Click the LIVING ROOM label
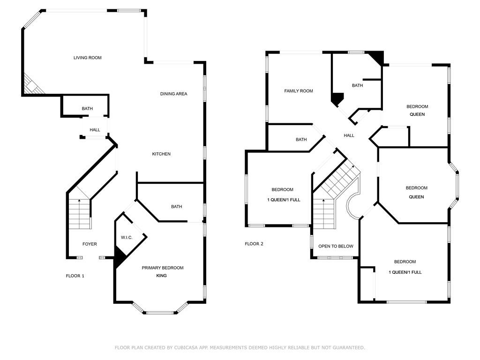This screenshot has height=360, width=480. click(87, 58)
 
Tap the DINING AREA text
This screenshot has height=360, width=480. click(173, 94)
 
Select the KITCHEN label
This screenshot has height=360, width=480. click(161, 154)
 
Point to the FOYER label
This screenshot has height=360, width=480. click(90, 244)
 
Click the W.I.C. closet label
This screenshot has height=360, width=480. click(127, 238)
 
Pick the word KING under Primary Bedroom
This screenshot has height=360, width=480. click(161, 276)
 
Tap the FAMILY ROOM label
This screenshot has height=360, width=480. click(299, 91)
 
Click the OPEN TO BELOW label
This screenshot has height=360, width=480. click(336, 246)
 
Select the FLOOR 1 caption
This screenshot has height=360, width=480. click(75, 276)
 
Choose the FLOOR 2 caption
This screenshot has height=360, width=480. click(254, 244)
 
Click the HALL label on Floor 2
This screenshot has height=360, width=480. click(349, 135)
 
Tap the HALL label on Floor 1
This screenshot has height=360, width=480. click(95, 130)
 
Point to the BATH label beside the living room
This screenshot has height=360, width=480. click(87, 108)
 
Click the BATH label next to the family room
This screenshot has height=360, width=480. click(301, 139)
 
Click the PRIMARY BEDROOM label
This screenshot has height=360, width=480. click(163, 268)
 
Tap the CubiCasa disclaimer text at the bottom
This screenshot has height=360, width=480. click(240, 347)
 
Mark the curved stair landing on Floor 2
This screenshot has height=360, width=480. click(348, 207)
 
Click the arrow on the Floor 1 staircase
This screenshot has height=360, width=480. click(79, 201)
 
